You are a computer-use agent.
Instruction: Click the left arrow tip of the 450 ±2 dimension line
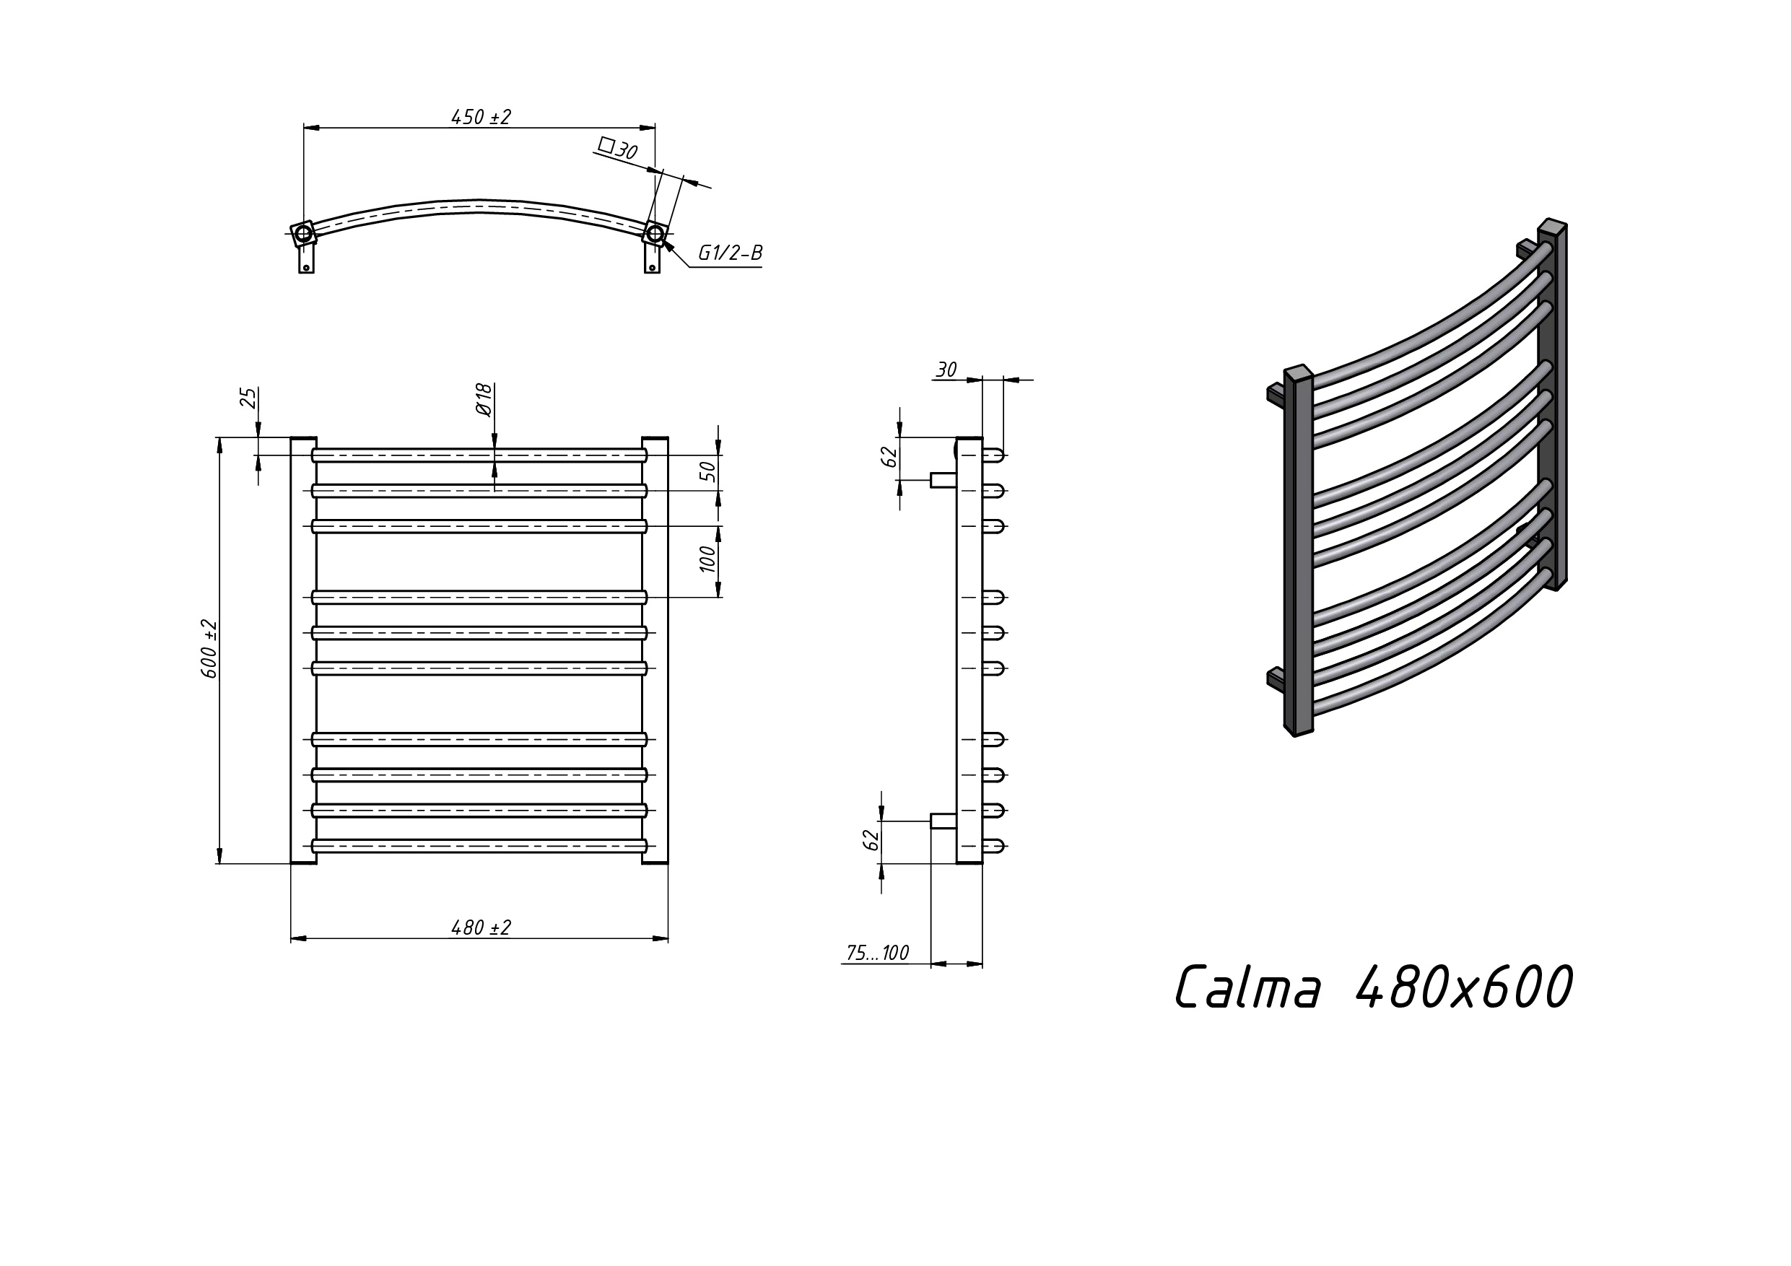click(304, 127)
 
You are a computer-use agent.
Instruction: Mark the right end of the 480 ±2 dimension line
click(668, 938)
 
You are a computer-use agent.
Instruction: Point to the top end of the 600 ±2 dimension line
click(220, 437)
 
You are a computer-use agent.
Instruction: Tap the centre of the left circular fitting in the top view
click(303, 233)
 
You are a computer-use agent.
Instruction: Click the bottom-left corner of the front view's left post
click(291, 863)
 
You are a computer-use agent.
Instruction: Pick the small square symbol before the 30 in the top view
click(606, 144)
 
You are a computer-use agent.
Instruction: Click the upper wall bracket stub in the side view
click(944, 480)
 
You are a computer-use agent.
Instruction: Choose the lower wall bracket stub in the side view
click(944, 821)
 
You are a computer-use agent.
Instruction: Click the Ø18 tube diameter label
click(484, 400)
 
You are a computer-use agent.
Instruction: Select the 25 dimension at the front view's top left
click(248, 398)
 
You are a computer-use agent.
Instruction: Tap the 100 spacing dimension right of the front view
click(707, 559)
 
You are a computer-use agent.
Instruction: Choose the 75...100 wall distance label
click(878, 953)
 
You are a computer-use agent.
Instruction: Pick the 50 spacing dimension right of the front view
click(707, 471)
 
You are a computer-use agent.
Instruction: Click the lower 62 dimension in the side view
click(871, 839)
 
